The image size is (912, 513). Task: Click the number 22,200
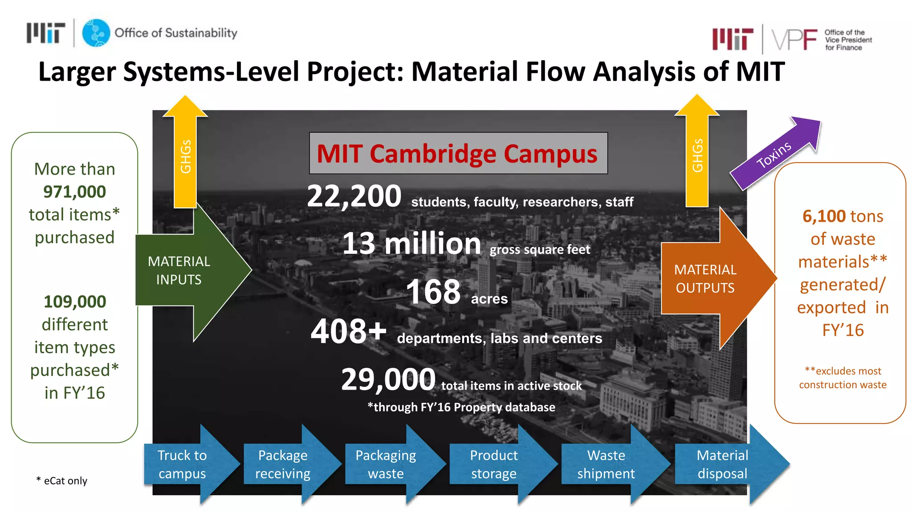(x=354, y=196)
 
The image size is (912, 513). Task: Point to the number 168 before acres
(x=433, y=292)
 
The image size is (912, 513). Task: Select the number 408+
(x=348, y=332)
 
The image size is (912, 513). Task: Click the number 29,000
(x=388, y=379)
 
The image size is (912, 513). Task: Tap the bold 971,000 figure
(x=74, y=192)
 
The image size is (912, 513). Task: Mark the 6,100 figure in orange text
(x=824, y=216)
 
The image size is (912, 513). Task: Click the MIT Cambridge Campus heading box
(x=458, y=153)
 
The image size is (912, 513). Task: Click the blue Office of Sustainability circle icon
(x=96, y=33)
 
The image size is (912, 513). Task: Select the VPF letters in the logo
(x=794, y=40)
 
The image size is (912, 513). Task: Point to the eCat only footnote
(x=62, y=481)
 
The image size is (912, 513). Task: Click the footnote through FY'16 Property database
(x=461, y=407)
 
